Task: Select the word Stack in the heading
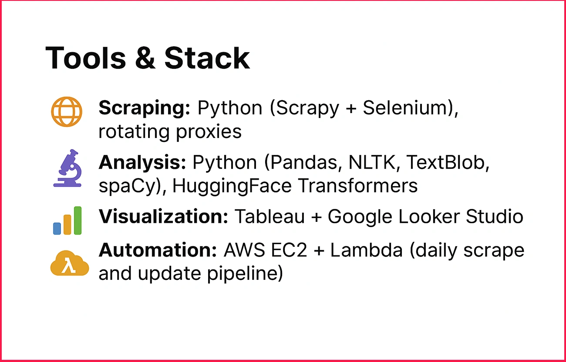[207, 58]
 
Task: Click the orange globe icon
[66, 111]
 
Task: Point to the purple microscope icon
[67, 168]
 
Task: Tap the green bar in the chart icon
[77, 220]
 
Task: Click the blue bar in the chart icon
[57, 228]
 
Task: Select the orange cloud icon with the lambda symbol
[69, 264]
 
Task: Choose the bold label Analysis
[142, 163]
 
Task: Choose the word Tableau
[270, 216]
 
